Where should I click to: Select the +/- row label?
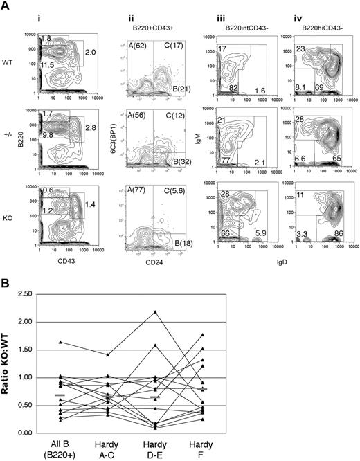click(x=9, y=128)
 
